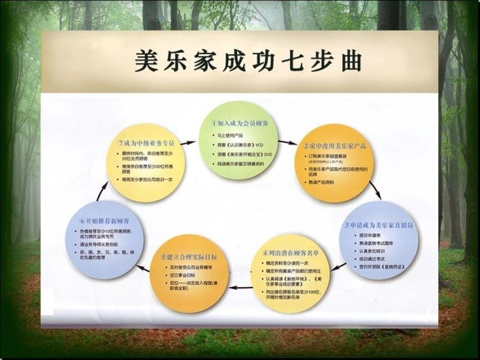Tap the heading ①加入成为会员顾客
pyautogui.click(x=240, y=122)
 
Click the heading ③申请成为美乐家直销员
pyautogui.click(x=381, y=227)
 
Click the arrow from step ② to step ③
pyautogui.click(x=374, y=190)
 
